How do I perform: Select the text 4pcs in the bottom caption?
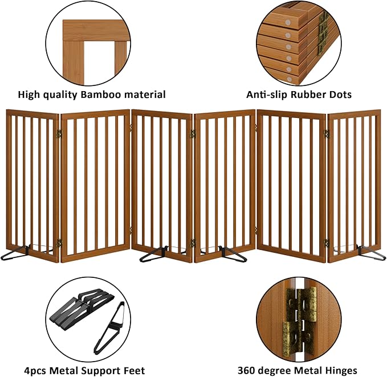pos(36,371)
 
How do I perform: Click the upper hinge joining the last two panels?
pos(327,134)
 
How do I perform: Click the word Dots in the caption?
pos(340,95)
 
